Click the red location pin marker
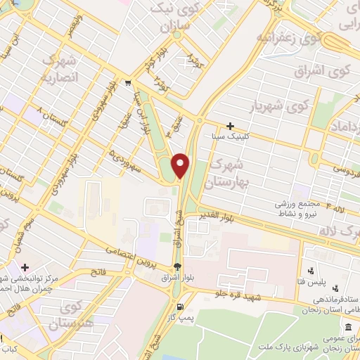pyautogui.click(x=181, y=165)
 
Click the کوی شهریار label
pyautogui.click(x=281, y=107)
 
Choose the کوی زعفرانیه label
pyautogui.click(x=288, y=37)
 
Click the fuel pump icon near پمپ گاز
pyautogui.click(x=181, y=307)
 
